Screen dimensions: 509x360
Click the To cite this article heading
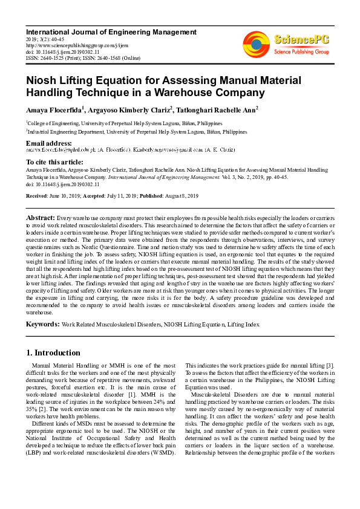pos(54,162)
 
